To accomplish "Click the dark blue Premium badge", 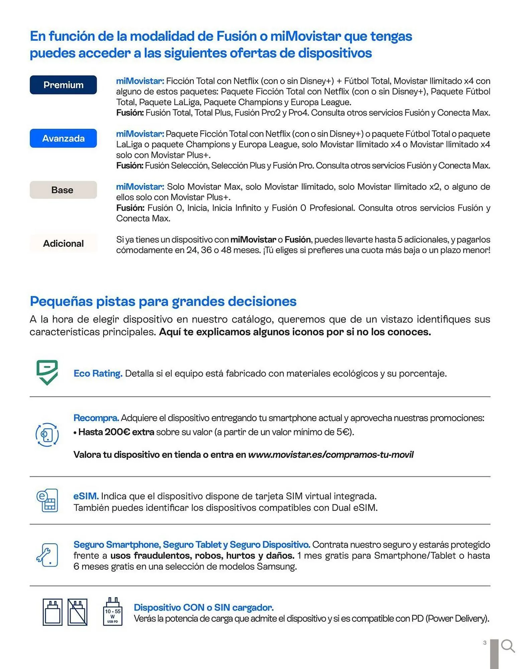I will point(63,85).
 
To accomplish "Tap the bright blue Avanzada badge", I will point(63,138).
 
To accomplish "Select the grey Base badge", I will point(63,190).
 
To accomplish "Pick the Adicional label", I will point(63,244).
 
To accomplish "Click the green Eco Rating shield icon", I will point(47,372).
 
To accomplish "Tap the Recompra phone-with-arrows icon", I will point(47,435).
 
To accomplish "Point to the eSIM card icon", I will point(47,500).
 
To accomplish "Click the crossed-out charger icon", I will point(78,612).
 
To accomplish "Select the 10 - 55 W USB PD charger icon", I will point(113,612).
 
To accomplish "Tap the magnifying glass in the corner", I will point(508,646).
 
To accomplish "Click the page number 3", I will point(485,643).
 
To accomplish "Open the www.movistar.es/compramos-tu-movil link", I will point(331,455).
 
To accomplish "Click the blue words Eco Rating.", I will point(98,373).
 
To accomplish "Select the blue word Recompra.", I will point(96,418).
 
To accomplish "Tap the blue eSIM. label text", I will point(86,496).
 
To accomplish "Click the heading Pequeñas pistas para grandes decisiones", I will point(163,301).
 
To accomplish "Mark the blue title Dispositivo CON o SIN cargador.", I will point(204,607).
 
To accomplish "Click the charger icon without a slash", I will point(53,612).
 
